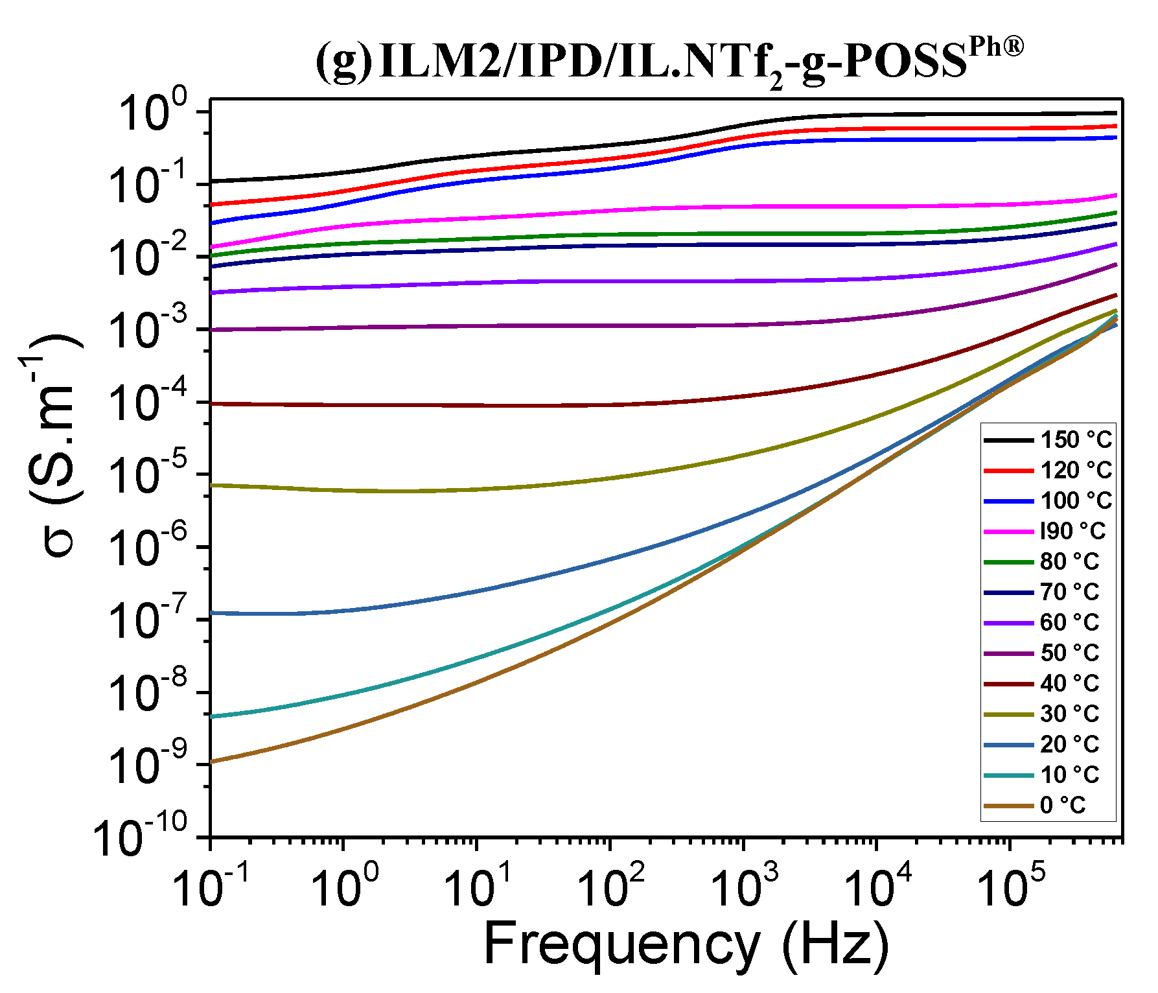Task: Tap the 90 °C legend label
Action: tap(1072, 532)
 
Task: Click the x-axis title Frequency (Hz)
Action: tap(687, 945)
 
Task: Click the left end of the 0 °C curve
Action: tap(212, 762)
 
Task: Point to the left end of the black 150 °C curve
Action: tap(212, 181)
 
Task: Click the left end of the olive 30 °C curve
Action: tap(212, 485)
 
